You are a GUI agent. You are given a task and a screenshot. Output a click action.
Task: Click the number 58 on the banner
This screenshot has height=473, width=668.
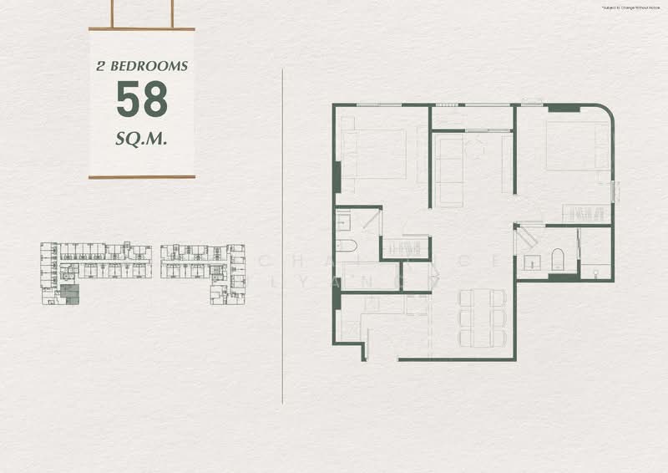[x=141, y=99]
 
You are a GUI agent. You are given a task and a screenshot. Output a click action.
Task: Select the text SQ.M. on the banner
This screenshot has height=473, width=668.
[x=141, y=138]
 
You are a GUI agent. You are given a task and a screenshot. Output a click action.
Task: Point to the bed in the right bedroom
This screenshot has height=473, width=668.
[x=577, y=146]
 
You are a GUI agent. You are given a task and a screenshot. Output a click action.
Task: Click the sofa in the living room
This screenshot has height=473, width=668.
[x=450, y=170]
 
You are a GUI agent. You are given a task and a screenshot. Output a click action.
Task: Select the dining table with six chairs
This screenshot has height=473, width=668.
[x=483, y=318]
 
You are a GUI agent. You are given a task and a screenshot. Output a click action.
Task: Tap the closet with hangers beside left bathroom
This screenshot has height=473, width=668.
[x=406, y=248]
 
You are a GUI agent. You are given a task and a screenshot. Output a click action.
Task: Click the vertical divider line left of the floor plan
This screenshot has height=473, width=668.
[x=283, y=234]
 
